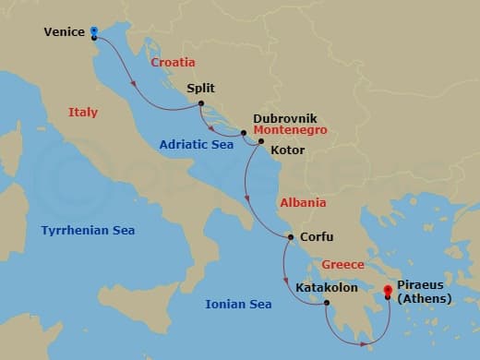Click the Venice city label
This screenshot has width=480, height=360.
click(x=65, y=33)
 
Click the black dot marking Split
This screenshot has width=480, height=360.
click(x=199, y=104)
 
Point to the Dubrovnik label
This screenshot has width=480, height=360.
click(x=285, y=119)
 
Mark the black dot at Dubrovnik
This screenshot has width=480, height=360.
click(x=244, y=133)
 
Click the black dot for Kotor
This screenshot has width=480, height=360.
click(x=260, y=141)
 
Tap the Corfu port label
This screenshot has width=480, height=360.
click(x=318, y=236)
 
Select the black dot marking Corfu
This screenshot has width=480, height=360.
click(x=291, y=237)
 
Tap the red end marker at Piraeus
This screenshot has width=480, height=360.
click(x=388, y=296)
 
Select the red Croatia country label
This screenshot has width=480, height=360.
click(x=174, y=62)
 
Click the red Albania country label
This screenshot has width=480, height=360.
click(x=302, y=202)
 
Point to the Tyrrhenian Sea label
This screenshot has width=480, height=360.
click(x=88, y=230)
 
